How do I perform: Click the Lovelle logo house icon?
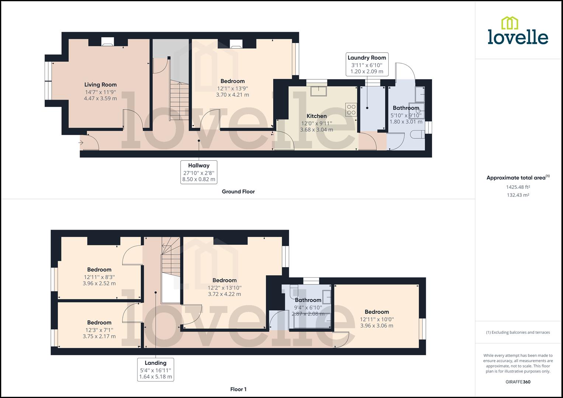[510, 23]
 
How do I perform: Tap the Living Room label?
[100, 85]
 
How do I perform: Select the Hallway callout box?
[199, 172]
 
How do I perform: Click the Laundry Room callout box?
[367, 64]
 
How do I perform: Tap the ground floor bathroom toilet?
[418, 134]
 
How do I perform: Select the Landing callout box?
[156, 370]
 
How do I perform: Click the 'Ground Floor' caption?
[238, 192]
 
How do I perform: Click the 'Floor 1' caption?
[238, 389]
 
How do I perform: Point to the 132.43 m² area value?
[518, 195]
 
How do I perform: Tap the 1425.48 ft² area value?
[518, 187]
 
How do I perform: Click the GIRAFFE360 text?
[518, 382]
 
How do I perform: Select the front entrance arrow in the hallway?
[81, 143]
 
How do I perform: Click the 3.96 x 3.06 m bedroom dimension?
[376, 326]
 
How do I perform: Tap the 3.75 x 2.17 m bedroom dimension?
[99, 336]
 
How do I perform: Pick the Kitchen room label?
[316, 116]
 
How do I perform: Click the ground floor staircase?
[179, 101]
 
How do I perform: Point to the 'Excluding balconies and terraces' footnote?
[518, 332]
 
